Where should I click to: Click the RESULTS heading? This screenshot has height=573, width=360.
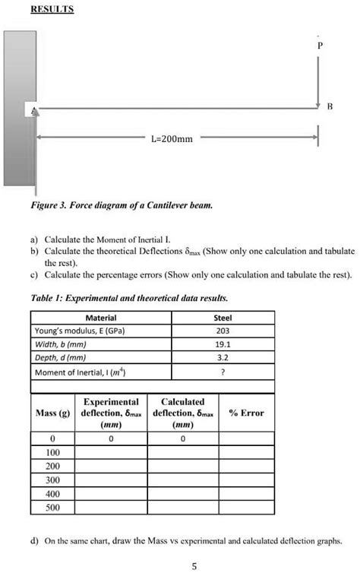point(52,10)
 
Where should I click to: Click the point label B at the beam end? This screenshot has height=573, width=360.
point(328,108)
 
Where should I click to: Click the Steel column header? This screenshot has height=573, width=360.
point(223,318)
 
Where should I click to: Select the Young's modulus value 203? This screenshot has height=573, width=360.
point(223,331)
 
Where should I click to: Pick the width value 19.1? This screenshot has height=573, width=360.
point(223,344)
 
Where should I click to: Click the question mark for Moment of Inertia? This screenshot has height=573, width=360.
point(223,372)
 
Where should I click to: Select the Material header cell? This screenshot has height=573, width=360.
point(101,318)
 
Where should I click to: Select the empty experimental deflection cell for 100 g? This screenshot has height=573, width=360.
point(110,453)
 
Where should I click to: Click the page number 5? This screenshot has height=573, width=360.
point(195,565)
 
